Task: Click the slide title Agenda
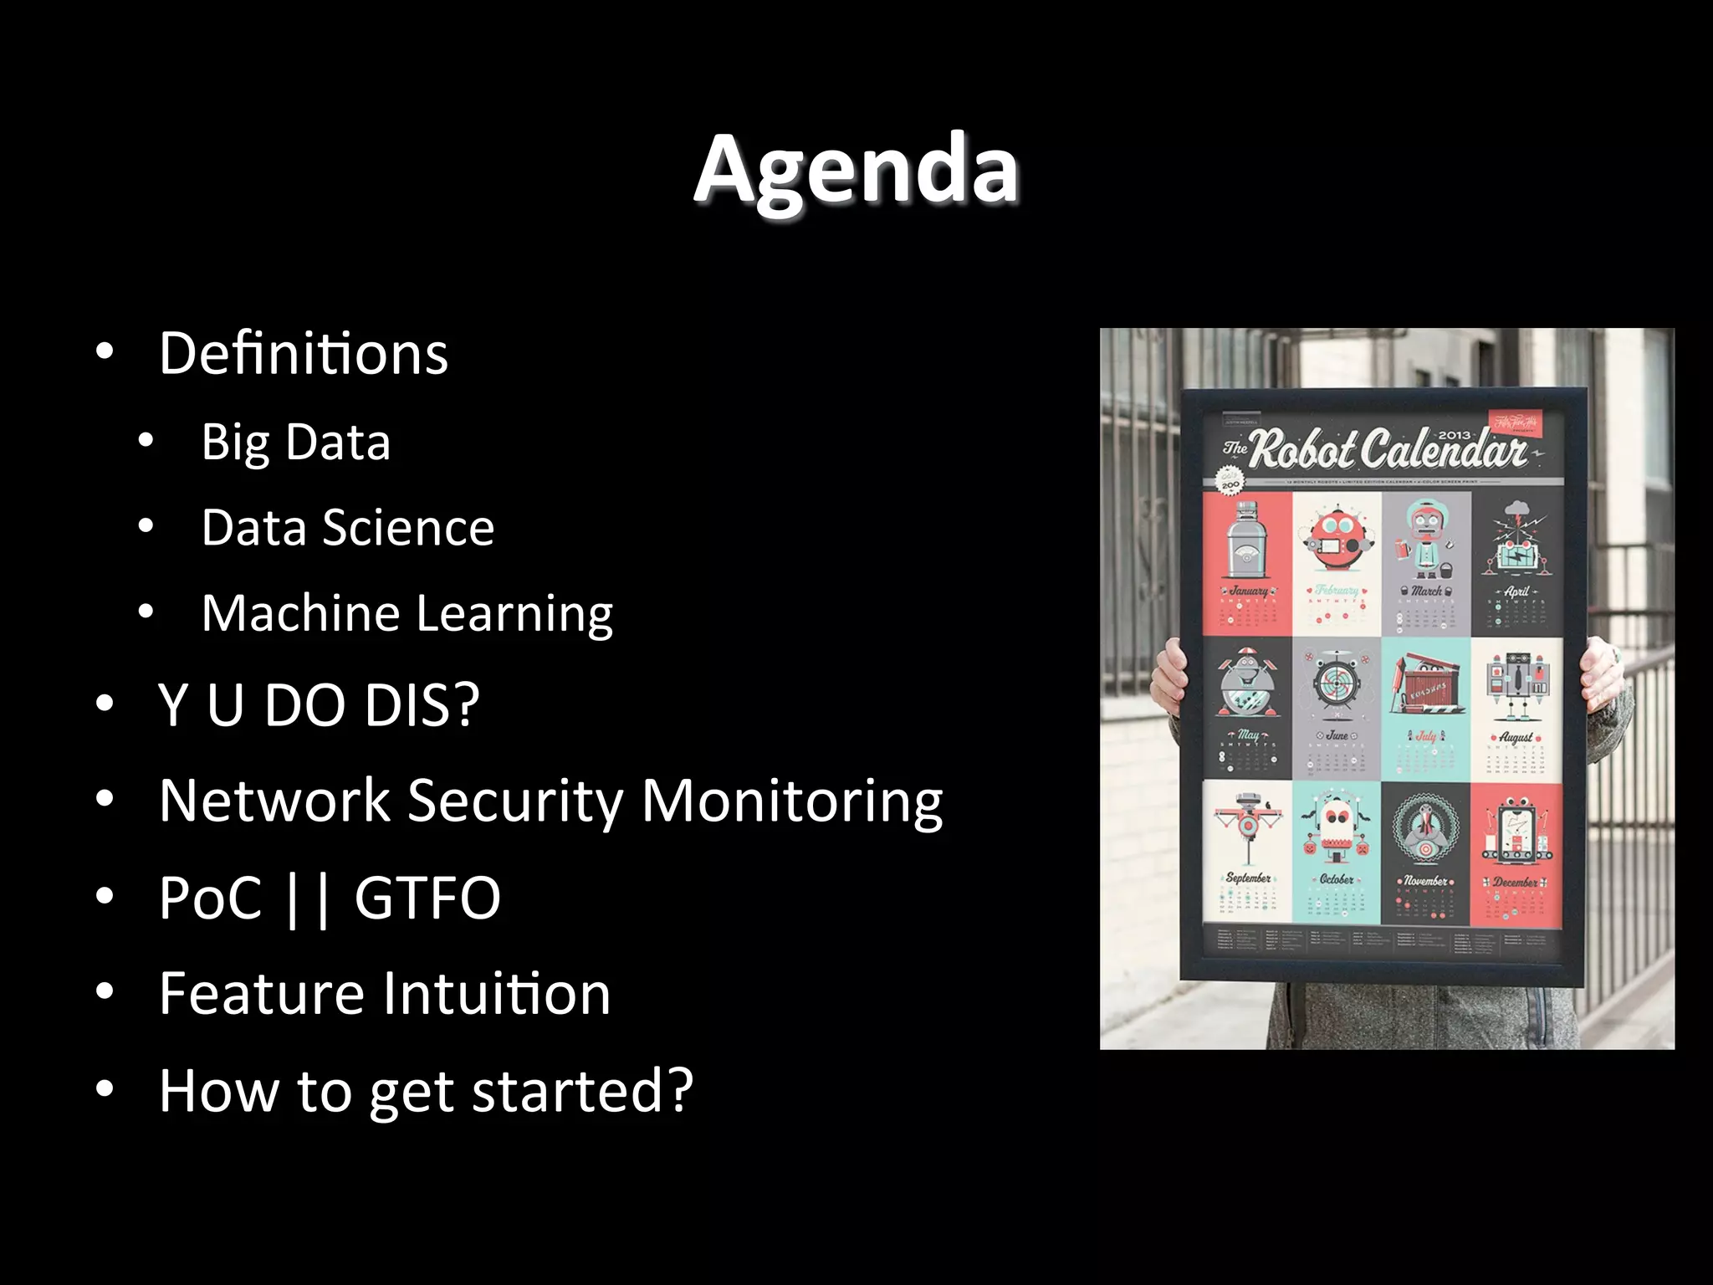point(856,170)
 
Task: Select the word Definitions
point(304,354)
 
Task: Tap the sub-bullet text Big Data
point(295,442)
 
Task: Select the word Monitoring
point(791,801)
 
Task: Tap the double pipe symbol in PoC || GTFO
point(307,898)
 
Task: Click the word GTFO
point(427,898)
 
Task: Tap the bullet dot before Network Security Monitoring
point(105,801)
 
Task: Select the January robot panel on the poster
point(1247,562)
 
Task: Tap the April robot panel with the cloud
point(1516,562)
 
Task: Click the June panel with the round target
point(1337,707)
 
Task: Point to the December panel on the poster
point(1516,853)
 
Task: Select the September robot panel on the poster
point(1247,853)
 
